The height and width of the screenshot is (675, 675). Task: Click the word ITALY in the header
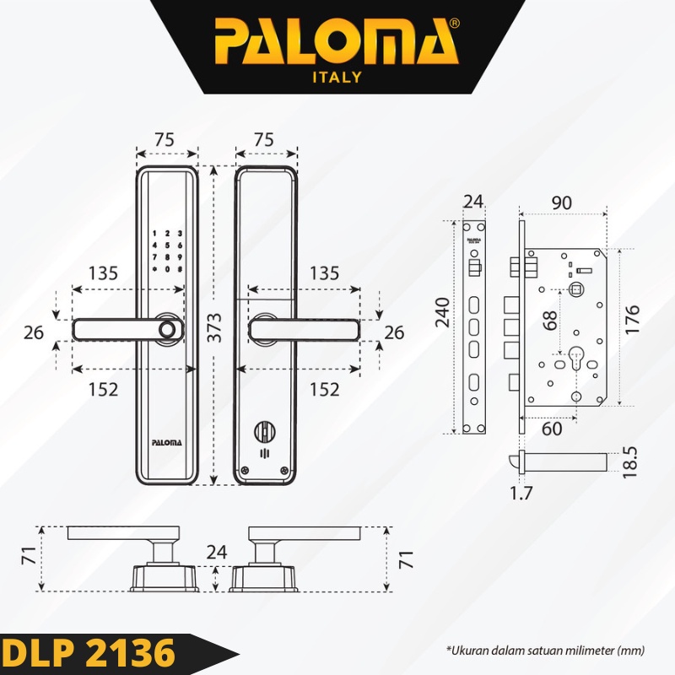pyautogui.click(x=336, y=77)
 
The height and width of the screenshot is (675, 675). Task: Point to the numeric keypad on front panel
pyautogui.click(x=167, y=251)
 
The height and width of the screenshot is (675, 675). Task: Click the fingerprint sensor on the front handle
pyautogui.click(x=170, y=330)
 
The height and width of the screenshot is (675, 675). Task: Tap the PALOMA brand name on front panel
pyautogui.click(x=167, y=440)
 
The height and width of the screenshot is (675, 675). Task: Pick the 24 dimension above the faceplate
pyautogui.click(x=473, y=202)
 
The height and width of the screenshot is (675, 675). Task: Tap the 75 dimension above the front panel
pyautogui.click(x=166, y=140)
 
